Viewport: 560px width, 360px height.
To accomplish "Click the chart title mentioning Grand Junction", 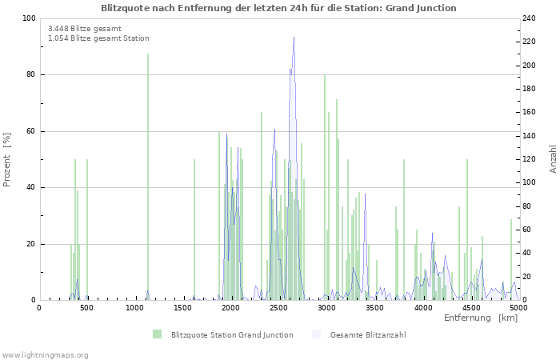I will coord(278,8).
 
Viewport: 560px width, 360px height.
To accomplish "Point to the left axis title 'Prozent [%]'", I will coord(8,159).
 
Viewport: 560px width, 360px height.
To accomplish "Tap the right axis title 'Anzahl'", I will coord(553,159).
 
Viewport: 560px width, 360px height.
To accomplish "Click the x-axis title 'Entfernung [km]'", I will coord(481,318).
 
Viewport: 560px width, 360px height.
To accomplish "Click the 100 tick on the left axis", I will coord(29,18).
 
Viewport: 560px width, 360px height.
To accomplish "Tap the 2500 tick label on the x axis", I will coord(279,306).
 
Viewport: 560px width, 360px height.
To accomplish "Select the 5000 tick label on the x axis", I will coord(518,306).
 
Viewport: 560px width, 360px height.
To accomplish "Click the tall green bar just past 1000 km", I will coord(148,176).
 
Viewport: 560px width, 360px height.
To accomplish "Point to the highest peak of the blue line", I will coord(294,38).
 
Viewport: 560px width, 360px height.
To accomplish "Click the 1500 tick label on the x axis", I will coord(183,306).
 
